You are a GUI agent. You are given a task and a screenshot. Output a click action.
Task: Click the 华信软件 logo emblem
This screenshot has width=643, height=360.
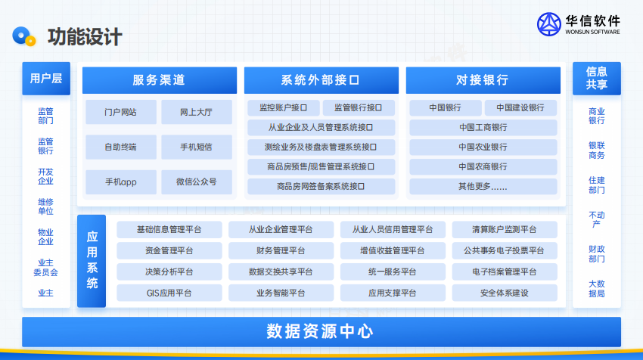[x=548, y=24]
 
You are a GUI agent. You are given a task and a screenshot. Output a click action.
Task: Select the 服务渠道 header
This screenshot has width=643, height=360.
[x=160, y=80]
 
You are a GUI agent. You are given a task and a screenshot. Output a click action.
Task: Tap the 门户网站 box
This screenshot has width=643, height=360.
[x=121, y=112]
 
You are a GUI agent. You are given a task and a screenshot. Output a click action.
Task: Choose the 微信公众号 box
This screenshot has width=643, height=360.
[x=197, y=182]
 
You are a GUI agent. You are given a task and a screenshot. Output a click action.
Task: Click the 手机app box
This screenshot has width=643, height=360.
[x=121, y=182]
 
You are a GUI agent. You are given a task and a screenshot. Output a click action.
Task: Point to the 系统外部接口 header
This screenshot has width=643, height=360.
[x=321, y=80]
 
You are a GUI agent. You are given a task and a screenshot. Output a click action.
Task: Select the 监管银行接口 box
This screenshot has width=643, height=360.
[x=359, y=108]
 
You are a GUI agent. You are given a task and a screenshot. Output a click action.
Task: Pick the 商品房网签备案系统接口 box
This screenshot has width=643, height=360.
[x=321, y=187]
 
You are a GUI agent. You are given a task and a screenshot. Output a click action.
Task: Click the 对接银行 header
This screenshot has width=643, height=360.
[x=483, y=80]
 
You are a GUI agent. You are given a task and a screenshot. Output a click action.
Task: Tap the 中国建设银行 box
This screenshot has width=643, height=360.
[x=520, y=108]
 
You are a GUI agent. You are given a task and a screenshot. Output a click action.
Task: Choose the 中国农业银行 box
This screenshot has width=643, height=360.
[x=483, y=147]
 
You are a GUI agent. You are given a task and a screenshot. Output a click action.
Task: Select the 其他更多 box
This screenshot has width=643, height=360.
[x=483, y=187]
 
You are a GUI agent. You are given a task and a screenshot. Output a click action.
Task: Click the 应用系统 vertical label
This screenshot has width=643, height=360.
[x=92, y=261]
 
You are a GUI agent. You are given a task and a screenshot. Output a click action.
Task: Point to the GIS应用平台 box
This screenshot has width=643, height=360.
[x=169, y=293]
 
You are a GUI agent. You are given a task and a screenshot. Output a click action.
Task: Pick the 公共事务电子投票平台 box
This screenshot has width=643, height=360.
[x=505, y=250]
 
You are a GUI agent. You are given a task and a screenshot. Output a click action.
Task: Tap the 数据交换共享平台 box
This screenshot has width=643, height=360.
[x=281, y=272]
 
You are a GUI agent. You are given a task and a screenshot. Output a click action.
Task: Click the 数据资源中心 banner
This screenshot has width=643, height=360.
[x=321, y=332]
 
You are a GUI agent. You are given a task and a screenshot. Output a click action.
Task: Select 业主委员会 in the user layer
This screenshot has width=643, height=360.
[x=45, y=267]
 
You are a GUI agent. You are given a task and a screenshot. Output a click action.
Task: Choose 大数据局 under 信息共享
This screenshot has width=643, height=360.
[x=597, y=289]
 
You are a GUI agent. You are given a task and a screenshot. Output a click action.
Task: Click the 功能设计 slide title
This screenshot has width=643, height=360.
[x=85, y=37]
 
